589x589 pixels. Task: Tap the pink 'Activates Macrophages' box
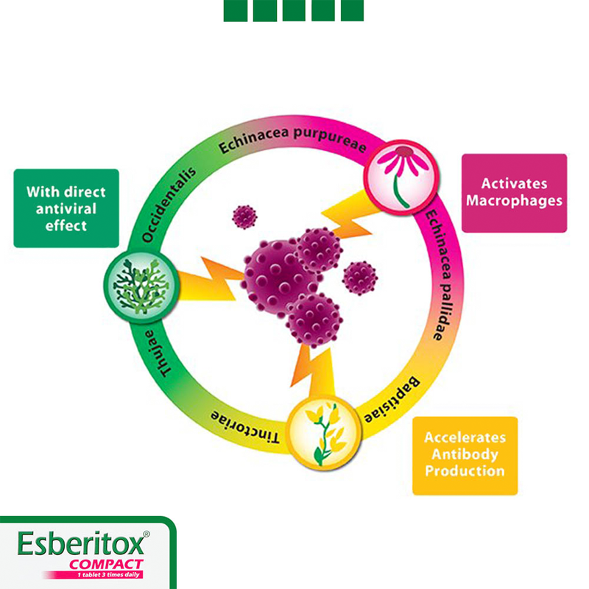514,193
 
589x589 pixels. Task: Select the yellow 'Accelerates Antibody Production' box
465,455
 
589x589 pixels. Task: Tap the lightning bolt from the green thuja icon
210,280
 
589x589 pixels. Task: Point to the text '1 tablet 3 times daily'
103,574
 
